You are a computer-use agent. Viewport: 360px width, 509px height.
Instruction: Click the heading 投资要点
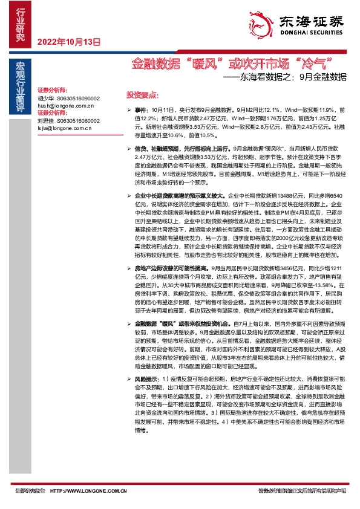[x=142, y=95]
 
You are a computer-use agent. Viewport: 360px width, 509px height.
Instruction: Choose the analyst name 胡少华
[x=45, y=97]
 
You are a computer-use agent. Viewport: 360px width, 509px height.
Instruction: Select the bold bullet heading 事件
[x=140, y=111]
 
